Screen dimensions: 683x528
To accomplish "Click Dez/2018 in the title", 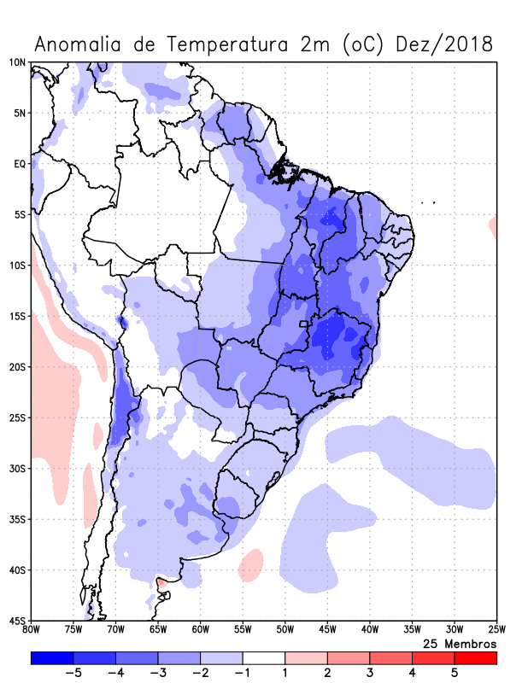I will [444, 44].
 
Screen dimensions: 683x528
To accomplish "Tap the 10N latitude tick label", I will [17, 62].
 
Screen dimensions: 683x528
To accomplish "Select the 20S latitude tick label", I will [17, 367].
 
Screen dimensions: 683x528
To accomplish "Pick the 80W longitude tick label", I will [32, 630].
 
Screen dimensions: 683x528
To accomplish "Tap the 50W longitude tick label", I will [285, 630].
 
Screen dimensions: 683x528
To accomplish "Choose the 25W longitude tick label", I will [496, 630].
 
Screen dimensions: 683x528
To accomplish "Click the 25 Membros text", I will [460, 643].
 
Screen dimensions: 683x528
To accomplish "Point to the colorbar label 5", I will [455, 672].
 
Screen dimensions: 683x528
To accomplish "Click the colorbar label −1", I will [242, 672].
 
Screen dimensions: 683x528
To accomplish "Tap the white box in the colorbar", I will [264, 657].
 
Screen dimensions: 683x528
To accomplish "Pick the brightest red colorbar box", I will [475, 657].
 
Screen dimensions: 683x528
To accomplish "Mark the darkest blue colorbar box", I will [51, 657].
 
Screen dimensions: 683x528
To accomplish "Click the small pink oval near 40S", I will [251, 564].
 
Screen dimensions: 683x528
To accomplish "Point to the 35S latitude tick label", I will [17, 519].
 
